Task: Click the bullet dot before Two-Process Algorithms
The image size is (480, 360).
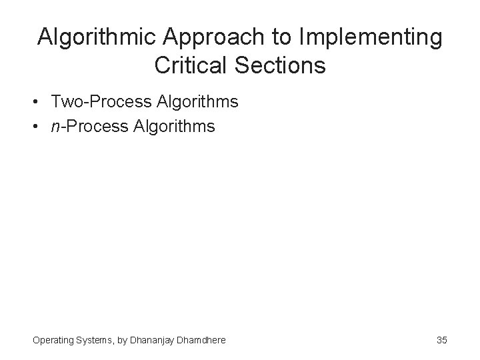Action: click(41, 103)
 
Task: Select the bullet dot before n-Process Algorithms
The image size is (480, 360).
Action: click(41, 125)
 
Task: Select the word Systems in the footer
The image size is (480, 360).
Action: click(95, 340)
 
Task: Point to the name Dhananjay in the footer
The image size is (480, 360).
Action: click(154, 340)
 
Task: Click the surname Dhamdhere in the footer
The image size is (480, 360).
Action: click(202, 340)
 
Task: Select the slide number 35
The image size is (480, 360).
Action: click(441, 340)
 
